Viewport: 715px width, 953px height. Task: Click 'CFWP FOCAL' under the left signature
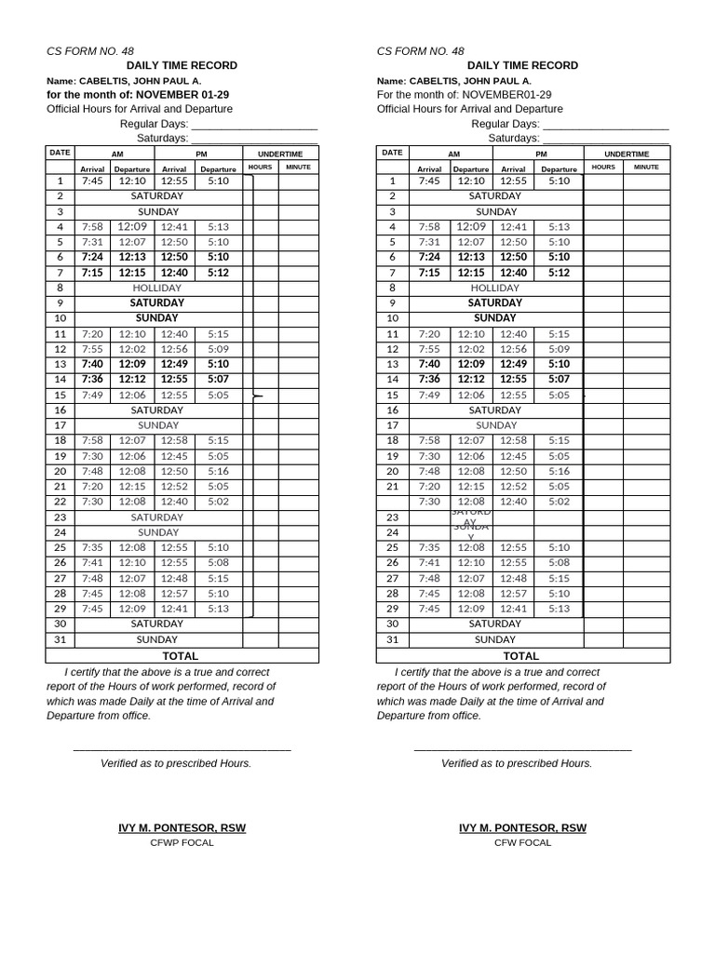point(182,842)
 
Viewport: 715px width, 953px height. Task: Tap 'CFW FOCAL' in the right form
point(522,842)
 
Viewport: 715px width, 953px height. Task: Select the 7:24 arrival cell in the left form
point(92,257)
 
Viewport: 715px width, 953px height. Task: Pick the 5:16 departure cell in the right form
point(559,471)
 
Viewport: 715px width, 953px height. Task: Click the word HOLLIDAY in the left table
point(157,289)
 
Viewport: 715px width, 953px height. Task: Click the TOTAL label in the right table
point(521,655)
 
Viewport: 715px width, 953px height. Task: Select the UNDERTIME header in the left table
point(280,154)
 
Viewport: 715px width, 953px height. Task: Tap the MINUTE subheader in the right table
point(646,168)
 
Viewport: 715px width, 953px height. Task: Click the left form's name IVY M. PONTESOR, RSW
point(182,827)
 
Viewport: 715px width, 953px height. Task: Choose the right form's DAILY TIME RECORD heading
point(522,65)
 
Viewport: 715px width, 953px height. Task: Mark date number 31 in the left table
point(60,639)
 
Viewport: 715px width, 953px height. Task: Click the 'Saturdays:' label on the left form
point(163,138)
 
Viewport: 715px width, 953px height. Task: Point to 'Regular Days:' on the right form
point(505,124)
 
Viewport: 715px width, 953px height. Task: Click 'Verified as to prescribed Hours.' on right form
point(517,763)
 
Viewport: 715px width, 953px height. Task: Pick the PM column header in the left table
point(201,154)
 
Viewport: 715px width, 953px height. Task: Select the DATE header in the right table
point(392,153)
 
